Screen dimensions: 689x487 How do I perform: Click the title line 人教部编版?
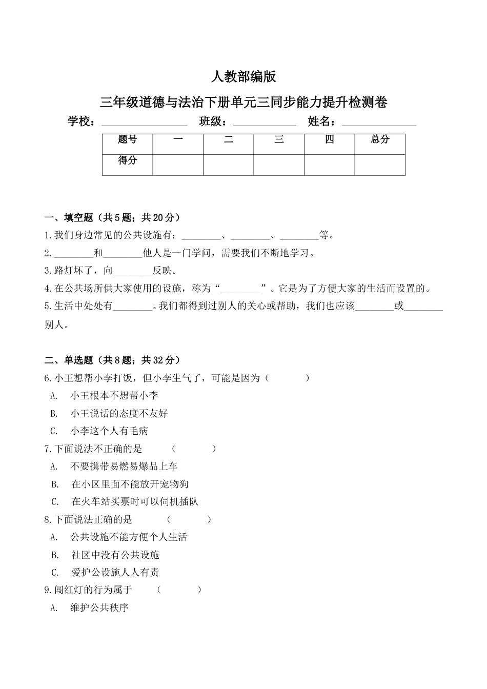(243, 77)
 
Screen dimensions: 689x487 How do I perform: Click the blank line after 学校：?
(144, 123)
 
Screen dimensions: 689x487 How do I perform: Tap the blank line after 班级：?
(265, 123)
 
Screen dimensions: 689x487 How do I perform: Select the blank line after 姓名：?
(379, 123)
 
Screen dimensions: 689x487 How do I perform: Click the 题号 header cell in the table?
(127, 140)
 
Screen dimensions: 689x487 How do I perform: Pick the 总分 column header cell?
(380, 140)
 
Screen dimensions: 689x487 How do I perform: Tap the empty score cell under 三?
(279, 165)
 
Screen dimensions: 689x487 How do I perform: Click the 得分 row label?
(127, 160)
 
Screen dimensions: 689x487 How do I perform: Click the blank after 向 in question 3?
(132, 271)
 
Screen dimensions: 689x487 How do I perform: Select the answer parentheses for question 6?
(287, 378)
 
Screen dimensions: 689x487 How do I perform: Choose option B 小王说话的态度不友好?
(119, 413)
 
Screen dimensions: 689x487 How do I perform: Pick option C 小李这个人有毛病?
(109, 431)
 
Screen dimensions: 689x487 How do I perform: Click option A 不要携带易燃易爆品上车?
(124, 467)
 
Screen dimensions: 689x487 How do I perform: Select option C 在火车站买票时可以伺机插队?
(134, 502)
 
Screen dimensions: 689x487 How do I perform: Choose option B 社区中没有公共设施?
(115, 555)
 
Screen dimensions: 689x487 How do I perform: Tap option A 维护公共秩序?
(99, 608)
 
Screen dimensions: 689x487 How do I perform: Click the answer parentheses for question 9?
(179, 590)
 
